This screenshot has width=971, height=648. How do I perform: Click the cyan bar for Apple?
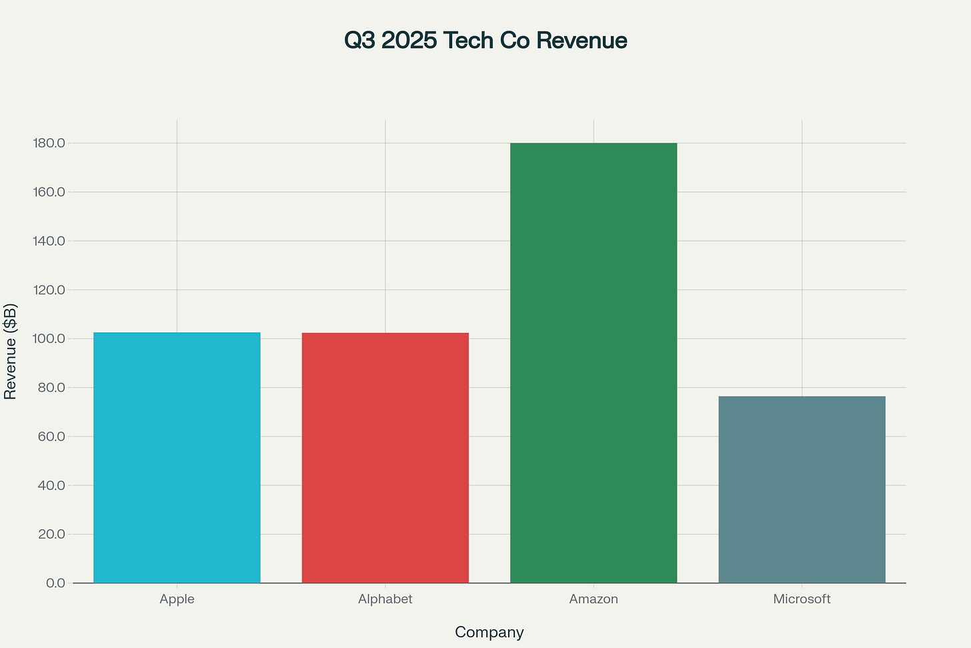click(x=177, y=458)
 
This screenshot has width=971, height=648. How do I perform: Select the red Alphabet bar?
click(x=385, y=458)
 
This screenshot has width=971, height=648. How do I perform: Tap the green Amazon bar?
click(x=594, y=363)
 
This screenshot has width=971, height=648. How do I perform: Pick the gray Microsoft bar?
click(x=802, y=489)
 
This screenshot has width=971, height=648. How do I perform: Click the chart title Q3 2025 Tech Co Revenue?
click(x=485, y=41)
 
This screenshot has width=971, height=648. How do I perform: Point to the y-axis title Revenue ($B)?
click(x=11, y=352)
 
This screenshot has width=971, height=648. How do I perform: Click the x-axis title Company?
click(x=489, y=632)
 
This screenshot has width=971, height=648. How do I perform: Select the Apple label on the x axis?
click(x=177, y=599)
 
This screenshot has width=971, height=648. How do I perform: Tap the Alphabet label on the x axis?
click(x=385, y=599)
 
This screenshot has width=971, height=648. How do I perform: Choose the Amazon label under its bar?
click(x=594, y=599)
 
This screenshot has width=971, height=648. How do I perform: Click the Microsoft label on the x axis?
click(x=802, y=599)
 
